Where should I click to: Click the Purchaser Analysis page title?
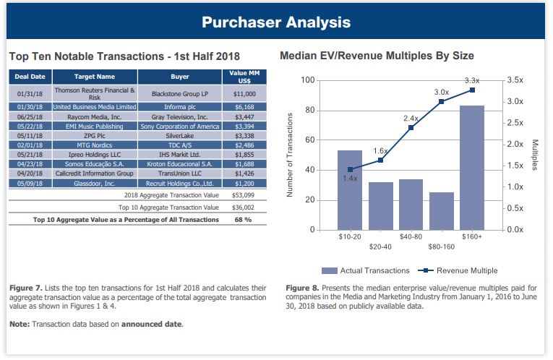point(276,22)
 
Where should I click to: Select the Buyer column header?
point(180,76)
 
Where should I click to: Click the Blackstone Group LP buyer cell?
point(180,93)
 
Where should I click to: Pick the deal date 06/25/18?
point(30,116)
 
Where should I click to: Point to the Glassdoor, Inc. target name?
point(94,183)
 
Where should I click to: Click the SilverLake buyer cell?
point(180,134)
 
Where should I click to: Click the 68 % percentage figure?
point(244,219)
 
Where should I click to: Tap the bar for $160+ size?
point(472,168)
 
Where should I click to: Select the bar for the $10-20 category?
point(350,190)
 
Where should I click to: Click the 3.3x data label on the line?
point(471,80)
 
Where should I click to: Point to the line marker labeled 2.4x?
point(411,128)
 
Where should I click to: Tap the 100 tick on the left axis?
point(306,80)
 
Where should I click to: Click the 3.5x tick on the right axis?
point(515,80)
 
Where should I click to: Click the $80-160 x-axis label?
point(441,247)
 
